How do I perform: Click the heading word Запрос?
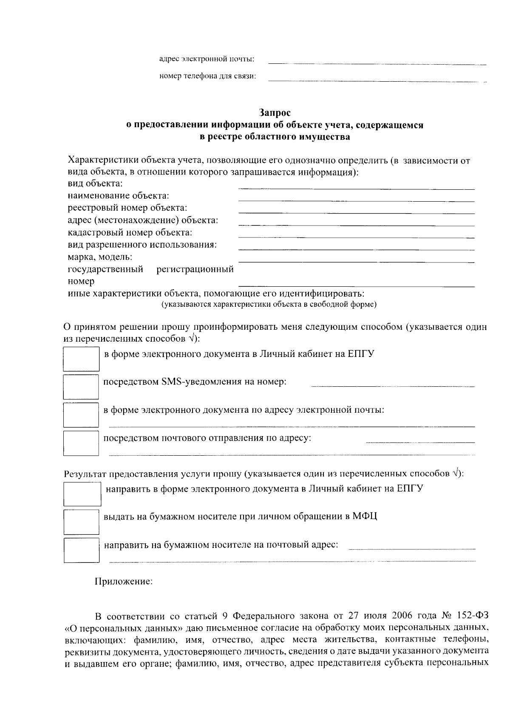coord(275,113)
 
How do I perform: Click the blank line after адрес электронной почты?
coord(377,63)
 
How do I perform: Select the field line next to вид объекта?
coord(356,188)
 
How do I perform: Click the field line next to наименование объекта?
coord(356,201)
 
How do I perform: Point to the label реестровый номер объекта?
coord(127,208)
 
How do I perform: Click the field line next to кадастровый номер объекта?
coord(356,237)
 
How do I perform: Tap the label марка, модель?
coord(100,257)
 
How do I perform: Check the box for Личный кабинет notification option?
coord(81,359)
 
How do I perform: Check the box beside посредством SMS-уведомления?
coord(81,386)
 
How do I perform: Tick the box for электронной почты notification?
coord(81,414)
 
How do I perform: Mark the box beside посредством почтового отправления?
coord(81,442)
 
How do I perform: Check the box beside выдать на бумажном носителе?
coord(81,522)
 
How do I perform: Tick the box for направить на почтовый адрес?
coord(81,550)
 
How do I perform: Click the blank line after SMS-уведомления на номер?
coord(393,386)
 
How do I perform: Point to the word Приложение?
coord(123,582)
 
